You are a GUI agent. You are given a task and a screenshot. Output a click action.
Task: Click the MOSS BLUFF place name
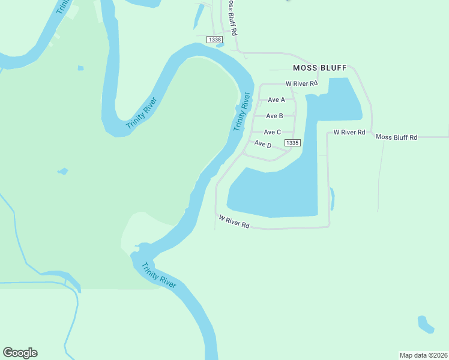319,68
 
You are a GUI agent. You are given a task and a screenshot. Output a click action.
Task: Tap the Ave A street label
276,100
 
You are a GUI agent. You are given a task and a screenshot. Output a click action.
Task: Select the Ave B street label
274,116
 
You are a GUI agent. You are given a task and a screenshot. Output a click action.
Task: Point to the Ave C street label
273,132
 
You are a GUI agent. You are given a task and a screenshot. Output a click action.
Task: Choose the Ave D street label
263,145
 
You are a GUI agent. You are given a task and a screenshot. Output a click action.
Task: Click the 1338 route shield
214,39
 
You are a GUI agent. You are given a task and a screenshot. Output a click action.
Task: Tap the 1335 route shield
292,143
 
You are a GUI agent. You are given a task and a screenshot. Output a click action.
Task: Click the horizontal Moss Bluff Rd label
396,137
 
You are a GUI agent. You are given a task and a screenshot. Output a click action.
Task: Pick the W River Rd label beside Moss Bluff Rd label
349,131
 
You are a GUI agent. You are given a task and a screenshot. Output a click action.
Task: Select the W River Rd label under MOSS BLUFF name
301,83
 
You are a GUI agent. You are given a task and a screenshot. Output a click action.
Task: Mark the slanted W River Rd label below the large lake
234,222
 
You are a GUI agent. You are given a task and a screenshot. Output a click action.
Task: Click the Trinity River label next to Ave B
241,112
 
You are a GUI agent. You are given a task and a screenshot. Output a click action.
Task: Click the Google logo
20,353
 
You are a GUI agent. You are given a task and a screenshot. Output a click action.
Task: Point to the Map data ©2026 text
423,355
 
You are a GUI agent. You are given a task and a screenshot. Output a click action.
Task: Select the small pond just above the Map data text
425,324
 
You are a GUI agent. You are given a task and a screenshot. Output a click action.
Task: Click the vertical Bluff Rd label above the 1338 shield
231,17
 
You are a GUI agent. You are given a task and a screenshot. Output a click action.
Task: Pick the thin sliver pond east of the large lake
332,199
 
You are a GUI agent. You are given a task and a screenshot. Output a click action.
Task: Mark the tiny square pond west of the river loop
80,68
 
